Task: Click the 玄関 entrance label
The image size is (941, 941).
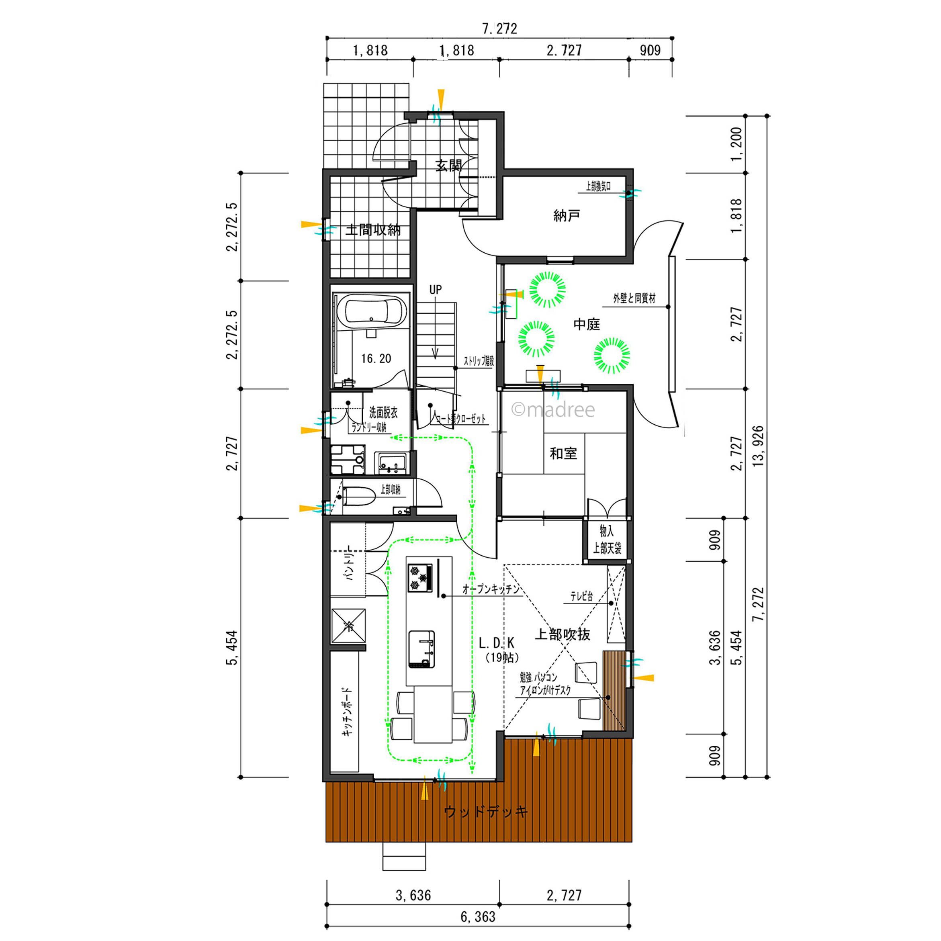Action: point(448,166)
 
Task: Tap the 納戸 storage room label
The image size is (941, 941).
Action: point(567,215)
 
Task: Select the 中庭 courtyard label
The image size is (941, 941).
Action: point(587,324)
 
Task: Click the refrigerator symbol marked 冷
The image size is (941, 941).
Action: point(348,625)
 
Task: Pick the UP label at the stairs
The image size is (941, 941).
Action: point(436,290)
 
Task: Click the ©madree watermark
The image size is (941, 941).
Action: point(553,409)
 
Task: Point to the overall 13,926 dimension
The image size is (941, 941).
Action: point(758,446)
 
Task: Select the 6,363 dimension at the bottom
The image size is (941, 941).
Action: point(478,917)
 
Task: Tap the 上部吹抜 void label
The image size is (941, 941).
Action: point(563,634)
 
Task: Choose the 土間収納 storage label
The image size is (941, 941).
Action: point(373,230)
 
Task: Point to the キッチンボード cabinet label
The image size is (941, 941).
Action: point(347,711)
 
